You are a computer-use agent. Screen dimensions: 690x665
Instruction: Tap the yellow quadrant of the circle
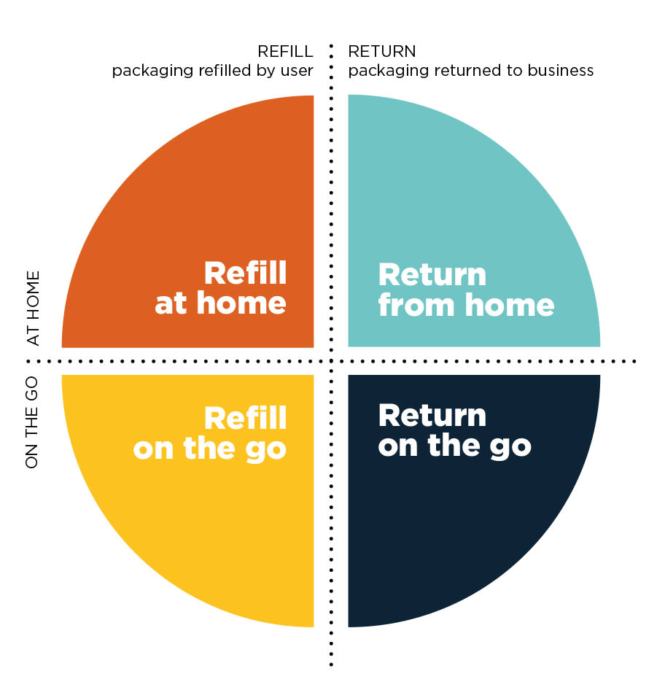(x=197, y=525)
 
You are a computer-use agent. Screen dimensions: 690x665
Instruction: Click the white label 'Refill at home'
(x=221, y=289)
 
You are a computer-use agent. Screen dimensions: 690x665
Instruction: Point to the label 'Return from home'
(x=466, y=290)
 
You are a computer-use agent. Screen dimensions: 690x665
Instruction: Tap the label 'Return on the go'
(x=454, y=430)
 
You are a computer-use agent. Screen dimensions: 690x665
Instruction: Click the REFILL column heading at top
(x=285, y=52)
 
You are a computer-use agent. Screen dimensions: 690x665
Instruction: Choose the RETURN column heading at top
(x=382, y=52)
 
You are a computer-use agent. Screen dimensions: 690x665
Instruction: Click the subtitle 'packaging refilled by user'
(x=212, y=71)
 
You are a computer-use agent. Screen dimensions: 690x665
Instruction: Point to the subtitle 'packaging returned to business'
(x=471, y=71)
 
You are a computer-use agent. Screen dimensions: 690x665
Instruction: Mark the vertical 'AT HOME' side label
(x=32, y=308)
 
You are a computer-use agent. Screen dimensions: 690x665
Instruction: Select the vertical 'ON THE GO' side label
(x=32, y=423)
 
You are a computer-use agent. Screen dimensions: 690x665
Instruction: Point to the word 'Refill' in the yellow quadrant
(x=245, y=419)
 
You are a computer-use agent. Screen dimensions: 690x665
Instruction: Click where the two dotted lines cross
(x=331, y=360)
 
